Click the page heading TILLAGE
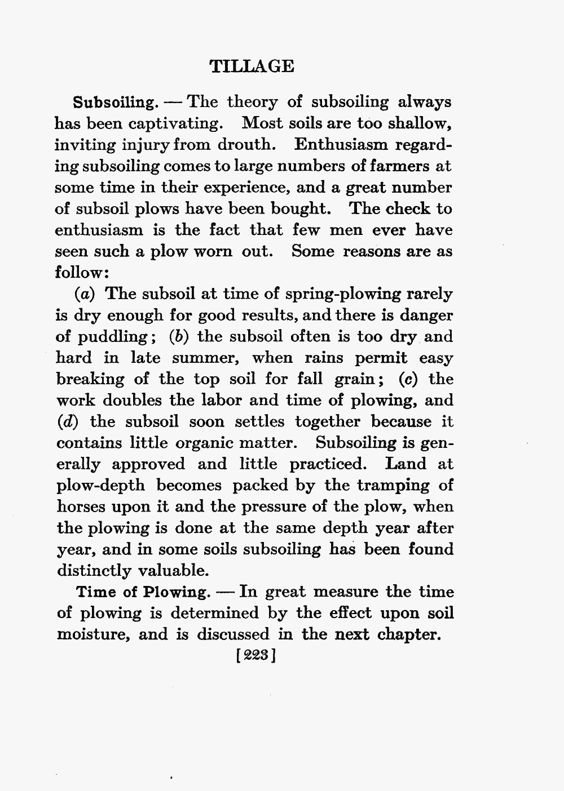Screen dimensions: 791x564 (252, 66)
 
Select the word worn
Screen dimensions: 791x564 (212, 251)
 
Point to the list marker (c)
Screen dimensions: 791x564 (407, 379)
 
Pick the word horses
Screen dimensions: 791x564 (84, 506)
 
